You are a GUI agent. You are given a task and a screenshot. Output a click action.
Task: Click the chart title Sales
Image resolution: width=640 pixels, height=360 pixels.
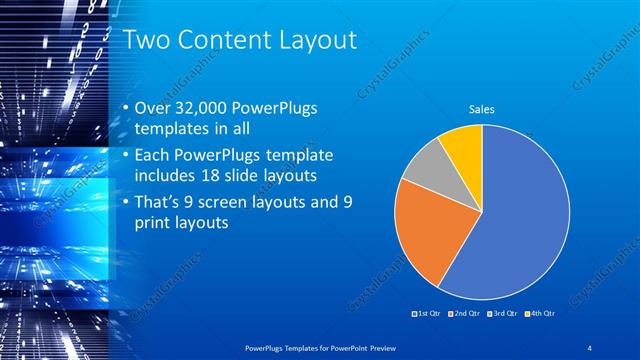pos(482,110)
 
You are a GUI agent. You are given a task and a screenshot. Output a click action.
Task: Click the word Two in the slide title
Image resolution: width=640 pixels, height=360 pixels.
pos(144,41)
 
